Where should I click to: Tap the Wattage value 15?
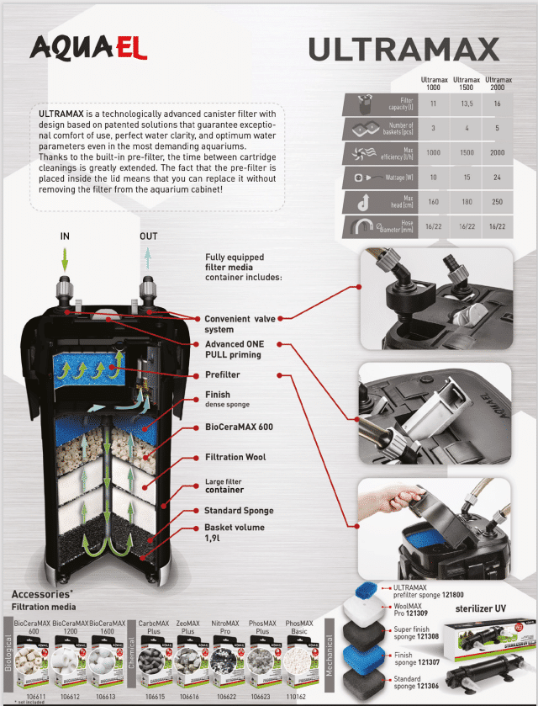pos(460,178)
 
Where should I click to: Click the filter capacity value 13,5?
pos(460,104)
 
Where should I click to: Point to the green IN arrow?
pos(65,257)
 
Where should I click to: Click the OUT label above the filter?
pos(148,236)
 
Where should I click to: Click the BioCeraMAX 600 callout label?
pos(239,427)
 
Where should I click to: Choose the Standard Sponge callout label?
pos(239,511)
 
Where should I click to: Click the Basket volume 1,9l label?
pos(234,533)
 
